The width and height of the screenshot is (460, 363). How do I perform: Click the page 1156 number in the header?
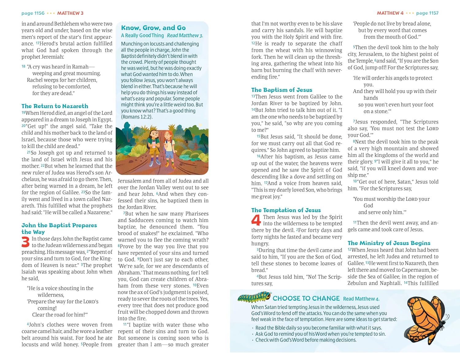tap(33, 13)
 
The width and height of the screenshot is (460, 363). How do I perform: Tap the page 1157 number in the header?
tap(427, 13)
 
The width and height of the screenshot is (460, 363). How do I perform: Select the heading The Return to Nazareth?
tap(55, 106)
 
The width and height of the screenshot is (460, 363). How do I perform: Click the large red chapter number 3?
tap(25, 242)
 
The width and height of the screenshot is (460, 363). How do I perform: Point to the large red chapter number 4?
tap(256, 220)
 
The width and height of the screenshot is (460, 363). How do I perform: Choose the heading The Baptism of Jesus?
tap(282, 90)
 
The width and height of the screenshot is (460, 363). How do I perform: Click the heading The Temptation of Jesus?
tap(286, 210)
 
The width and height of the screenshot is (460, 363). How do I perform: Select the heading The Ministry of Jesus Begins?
tap(389, 243)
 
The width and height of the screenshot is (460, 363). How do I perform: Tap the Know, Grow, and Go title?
tap(153, 28)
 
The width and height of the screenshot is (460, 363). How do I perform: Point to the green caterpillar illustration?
tap(254, 297)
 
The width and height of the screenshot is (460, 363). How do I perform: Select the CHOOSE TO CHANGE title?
tap(306, 298)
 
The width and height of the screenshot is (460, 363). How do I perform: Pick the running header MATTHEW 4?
tap(390, 13)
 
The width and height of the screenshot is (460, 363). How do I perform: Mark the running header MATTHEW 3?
tap(70, 13)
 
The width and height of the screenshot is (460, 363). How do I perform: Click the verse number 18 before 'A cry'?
tap(24, 66)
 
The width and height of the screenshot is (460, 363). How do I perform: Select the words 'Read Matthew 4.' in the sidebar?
tap(361, 299)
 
